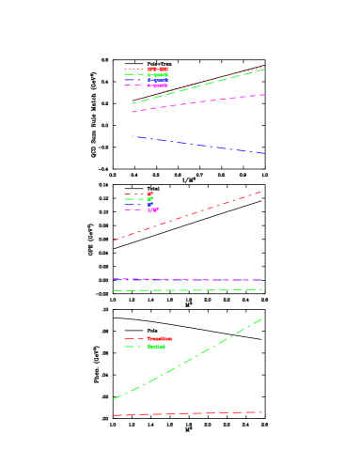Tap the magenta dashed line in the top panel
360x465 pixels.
point(197,103)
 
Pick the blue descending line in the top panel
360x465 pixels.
point(197,144)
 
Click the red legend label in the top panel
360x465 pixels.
point(158,69)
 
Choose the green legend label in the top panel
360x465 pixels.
point(158,74)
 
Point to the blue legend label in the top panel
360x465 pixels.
point(158,80)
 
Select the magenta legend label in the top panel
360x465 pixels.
point(158,85)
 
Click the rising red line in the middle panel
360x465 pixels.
point(188,216)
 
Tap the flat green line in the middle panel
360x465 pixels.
point(188,290)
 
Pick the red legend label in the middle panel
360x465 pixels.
point(150,194)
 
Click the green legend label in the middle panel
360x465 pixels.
point(150,199)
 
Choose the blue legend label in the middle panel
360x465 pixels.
point(150,205)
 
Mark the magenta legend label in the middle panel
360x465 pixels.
point(153,209)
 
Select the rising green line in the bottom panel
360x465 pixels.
point(188,359)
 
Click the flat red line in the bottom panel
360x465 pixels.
point(188,413)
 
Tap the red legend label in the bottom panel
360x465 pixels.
point(160,338)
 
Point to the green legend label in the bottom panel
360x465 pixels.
point(156,347)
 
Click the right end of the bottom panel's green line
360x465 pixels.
point(262,318)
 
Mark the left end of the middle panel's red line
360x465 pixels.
point(114,240)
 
